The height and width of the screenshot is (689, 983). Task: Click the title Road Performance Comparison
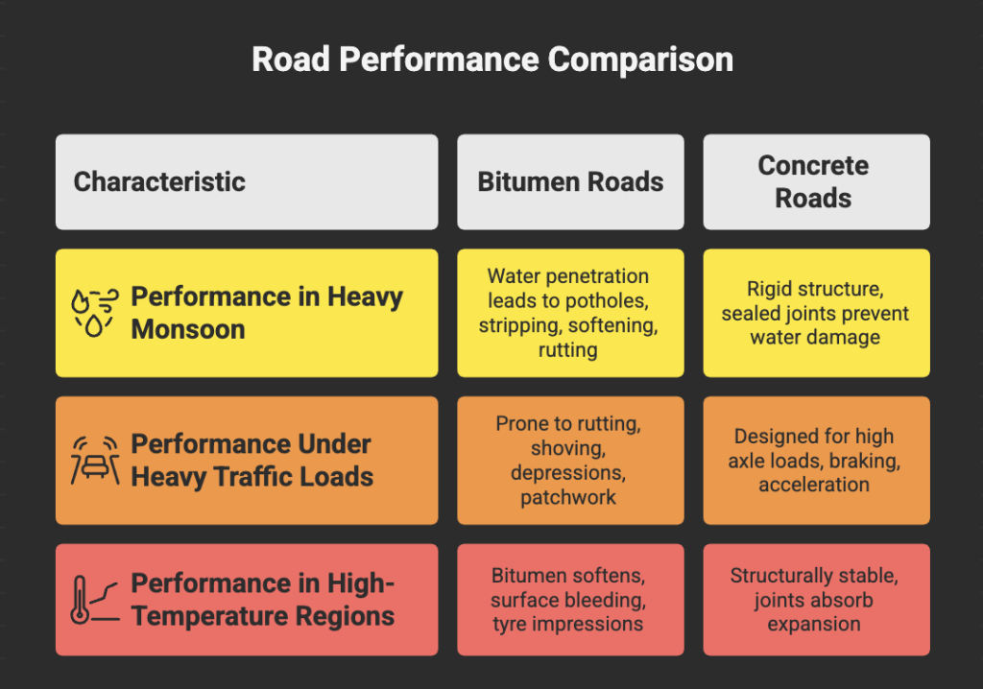[491, 59]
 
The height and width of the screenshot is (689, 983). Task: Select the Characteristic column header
[159, 181]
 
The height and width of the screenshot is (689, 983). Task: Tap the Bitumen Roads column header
[570, 181]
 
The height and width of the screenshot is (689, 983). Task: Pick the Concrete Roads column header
[814, 181]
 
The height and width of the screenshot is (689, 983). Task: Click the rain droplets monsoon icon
[93, 313]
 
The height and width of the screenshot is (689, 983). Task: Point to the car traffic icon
[94, 461]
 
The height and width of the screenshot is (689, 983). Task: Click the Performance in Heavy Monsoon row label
[267, 313]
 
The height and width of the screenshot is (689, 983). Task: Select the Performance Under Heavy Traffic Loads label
[252, 461]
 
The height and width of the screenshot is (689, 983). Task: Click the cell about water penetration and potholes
[569, 313]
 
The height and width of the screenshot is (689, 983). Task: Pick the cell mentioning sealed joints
[815, 313]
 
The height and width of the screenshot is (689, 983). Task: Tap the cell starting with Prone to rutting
[569, 461]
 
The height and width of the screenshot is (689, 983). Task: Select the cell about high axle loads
[815, 461]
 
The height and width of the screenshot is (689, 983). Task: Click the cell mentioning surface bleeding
[569, 600]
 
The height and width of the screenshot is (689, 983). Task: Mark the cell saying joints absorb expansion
[815, 600]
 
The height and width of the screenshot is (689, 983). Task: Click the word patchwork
[568, 498]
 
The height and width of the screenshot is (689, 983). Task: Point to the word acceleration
[814, 485]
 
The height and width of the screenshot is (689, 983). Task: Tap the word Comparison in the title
[640, 59]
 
